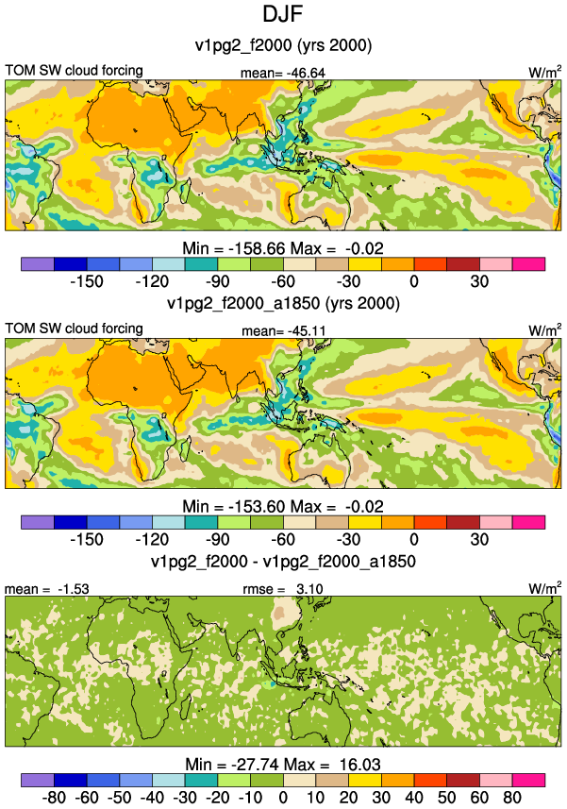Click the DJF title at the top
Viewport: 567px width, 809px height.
tap(282, 14)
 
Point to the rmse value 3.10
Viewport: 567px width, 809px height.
tap(309, 589)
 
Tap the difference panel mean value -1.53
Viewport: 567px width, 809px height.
tap(74, 589)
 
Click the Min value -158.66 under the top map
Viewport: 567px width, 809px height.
tap(257, 248)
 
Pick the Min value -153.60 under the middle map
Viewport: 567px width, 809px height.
tap(257, 507)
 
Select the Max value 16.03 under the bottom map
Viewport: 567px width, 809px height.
tap(359, 764)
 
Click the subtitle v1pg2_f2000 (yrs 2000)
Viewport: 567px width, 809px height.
tap(283, 45)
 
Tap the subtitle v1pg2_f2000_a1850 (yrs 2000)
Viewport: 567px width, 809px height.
tap(283, 303)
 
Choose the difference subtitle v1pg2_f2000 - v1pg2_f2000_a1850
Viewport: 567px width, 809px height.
tap(283, 561)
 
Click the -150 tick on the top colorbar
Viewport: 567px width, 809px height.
tap(87, 281)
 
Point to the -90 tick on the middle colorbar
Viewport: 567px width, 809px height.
tap(218, 540)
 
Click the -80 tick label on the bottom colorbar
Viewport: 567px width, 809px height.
tap(54, 798)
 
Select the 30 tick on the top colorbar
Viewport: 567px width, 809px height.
tap(479, 281)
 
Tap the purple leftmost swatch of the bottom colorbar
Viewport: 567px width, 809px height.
tap(38, 780)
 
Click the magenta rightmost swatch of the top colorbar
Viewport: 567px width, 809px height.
tap(528, 263)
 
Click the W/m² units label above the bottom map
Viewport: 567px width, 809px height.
tap(545, 588)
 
